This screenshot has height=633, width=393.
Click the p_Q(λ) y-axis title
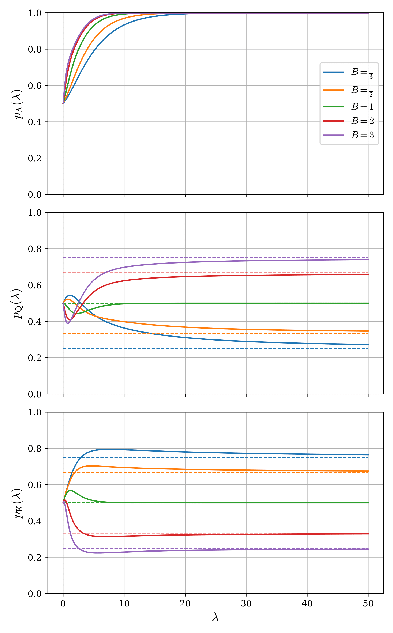point(18,304)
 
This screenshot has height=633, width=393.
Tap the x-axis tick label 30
point(246,603)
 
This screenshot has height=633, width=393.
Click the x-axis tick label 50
point(368,603)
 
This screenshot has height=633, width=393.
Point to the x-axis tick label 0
point(63,603)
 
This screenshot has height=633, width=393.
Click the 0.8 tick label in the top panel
point(35,49)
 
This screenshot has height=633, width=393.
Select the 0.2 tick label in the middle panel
point(35,358)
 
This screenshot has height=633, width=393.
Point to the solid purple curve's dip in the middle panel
point(68,323)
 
